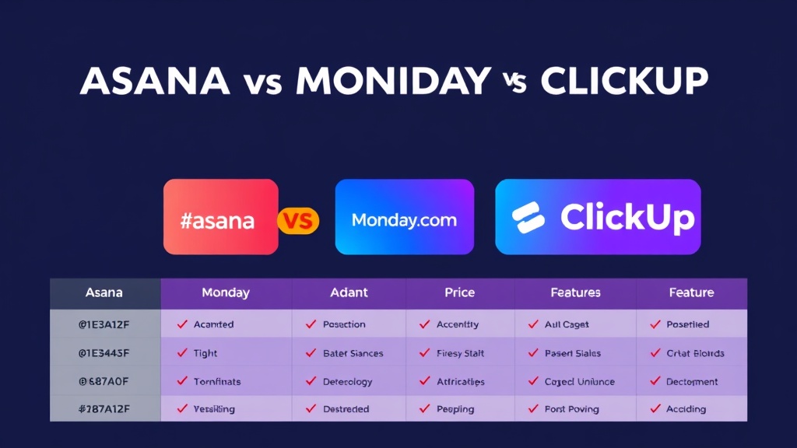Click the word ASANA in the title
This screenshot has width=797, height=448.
click(x=155, y=82)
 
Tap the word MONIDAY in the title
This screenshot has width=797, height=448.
click(x=394, y=82)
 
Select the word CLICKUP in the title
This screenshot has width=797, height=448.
click(x=624, y=82)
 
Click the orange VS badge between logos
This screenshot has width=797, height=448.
click(x=298, y=221)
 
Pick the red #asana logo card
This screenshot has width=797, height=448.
click(x=220, y=217)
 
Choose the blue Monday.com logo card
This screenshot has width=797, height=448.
click(x=404, y=217)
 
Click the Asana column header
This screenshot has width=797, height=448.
click(x=104, y=293)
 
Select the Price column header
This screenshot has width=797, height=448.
click(x=459, y=293)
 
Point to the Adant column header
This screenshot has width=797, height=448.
click(x=349, y=293)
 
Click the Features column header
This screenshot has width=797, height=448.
click(x=575, y=293)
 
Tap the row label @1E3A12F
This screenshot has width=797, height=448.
click(x=104, y=324)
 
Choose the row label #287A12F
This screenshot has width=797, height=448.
click(x=104, y=409)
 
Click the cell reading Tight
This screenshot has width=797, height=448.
click(x=205, y=353)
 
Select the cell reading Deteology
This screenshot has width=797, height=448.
click(x=347, y=382)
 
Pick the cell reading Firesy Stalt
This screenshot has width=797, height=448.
click(x=461, y=353)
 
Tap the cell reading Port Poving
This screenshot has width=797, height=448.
click(x=572, y=409)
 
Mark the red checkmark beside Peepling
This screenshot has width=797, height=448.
click(x=424, y=408)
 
